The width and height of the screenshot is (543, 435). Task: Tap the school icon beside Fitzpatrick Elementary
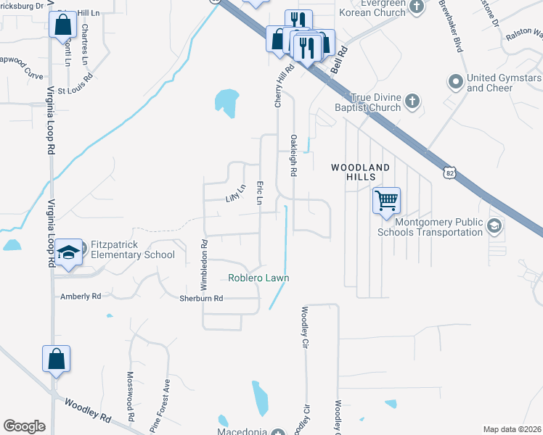[68, 252]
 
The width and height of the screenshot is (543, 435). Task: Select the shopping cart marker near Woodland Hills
[386, 199]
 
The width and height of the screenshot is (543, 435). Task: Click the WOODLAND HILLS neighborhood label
[360, 172]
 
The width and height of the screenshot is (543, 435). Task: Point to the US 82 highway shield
[450, 171]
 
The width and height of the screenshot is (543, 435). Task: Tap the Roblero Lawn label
[258, 278]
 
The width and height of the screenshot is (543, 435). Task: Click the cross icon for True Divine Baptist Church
[412, 101]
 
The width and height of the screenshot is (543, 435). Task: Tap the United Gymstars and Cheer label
[500, 83]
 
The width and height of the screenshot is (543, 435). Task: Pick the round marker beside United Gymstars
[456, 80]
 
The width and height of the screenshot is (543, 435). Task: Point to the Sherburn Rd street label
[201, 298]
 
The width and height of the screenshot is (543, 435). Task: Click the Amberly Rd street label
[81, 297]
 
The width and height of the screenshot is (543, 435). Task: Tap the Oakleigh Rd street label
[294, 155]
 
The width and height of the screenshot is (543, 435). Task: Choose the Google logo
[24, 426]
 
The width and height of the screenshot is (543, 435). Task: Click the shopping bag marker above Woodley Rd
[57, 358]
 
